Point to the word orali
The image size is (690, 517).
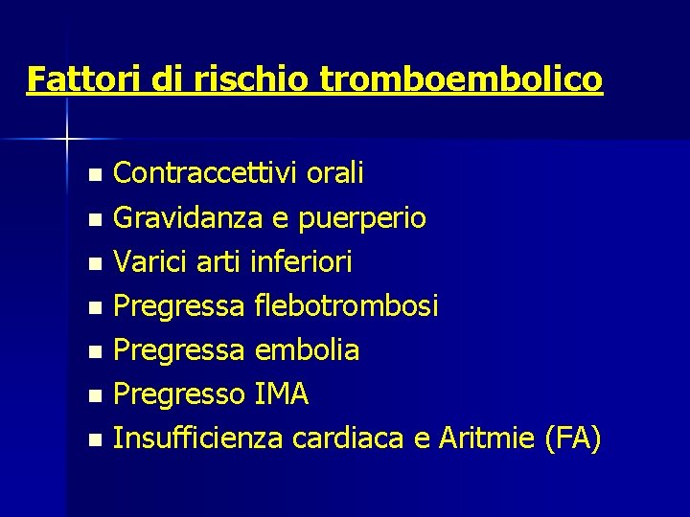click(335, 173)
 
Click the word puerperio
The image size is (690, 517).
click(362, 218)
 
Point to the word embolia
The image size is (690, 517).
click(307, 349)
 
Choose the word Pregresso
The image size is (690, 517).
click(179, 393)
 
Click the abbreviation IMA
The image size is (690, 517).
click(282, 393)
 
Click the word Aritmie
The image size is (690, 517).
click(486, 438)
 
